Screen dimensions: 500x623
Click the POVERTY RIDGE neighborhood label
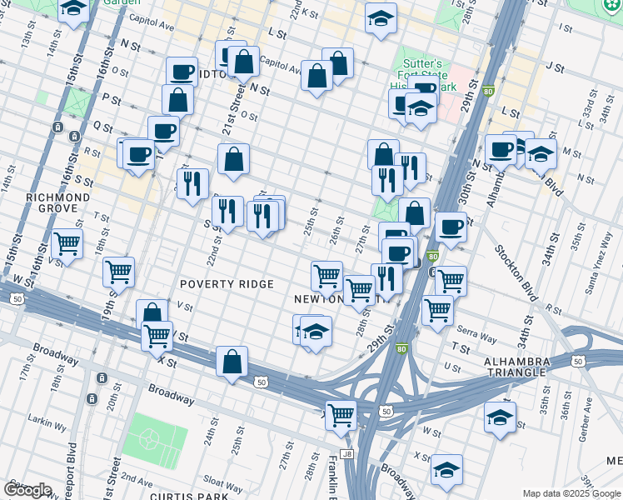tap(227, 284)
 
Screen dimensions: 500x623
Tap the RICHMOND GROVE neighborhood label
tap(57, 202)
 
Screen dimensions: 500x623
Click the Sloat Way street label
tap(222, 482)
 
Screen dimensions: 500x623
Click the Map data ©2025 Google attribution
tap(571, 493)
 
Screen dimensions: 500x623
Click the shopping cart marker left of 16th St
tap(67, 244)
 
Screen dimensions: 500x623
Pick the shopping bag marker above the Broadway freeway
tap(232, 360)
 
